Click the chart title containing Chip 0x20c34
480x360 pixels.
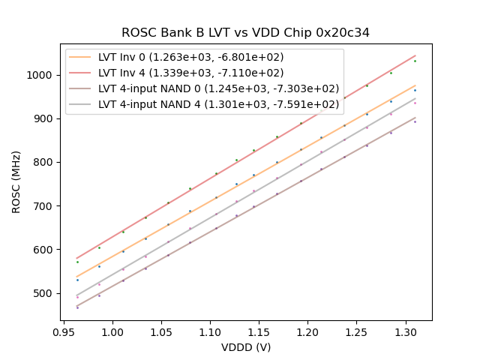coord(245,33)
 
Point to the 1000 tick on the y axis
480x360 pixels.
coord(42,75)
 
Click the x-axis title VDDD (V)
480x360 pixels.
coord(246,347)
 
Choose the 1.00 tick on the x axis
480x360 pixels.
coord(112,331)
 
